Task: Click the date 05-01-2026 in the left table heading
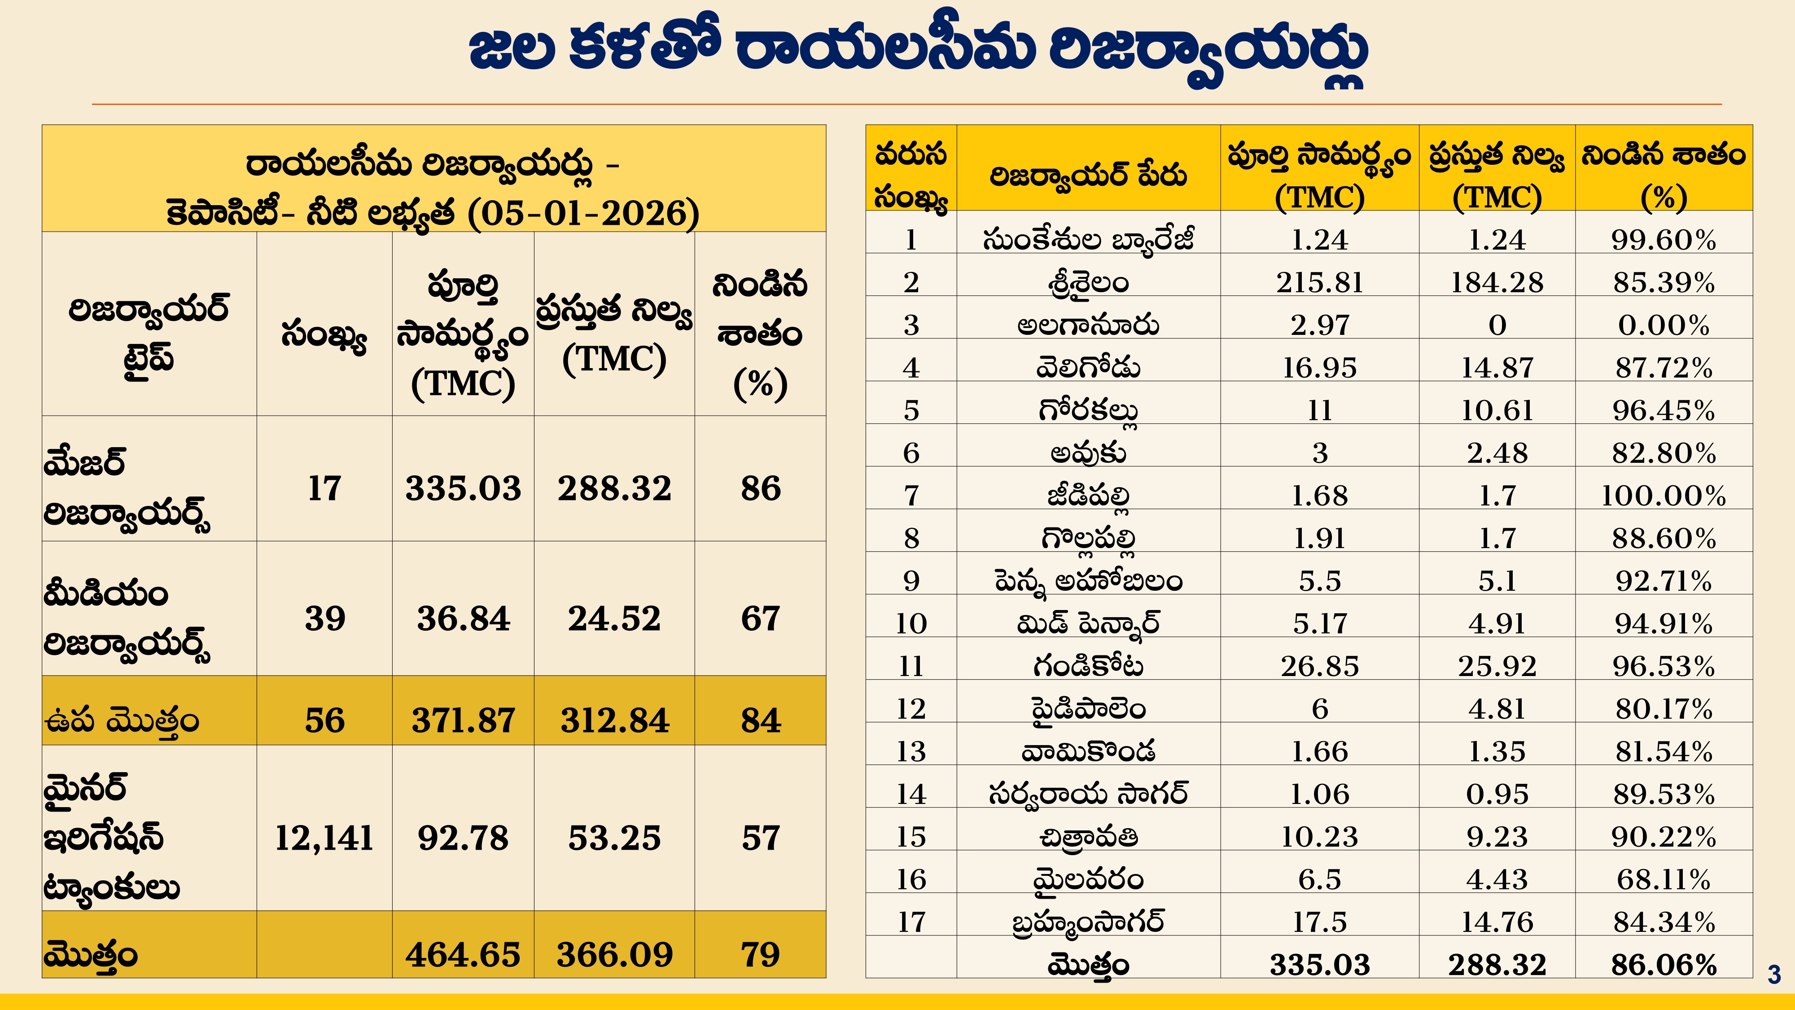click(x=584, y=213)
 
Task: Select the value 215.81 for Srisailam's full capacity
click(x=1319, y=282)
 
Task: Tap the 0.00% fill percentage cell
click(x=1664, y=325)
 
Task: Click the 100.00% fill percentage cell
click(x=1664, y=496)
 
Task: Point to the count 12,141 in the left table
click(x=324, y=837)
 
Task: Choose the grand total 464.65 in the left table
click(x=463, y=954)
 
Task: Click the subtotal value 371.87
click(x=463, y=720)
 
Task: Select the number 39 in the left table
click(x=324, y=618)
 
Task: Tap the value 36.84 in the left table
click(x=463, y=618)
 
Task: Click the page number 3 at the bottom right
click(x=1774, y=974)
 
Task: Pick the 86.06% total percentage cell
click(x=1664, y=965)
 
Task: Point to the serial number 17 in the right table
click(x=911, y=922)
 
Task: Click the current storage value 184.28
click(x=1497, y=282)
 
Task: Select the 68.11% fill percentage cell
click(x=1664, y=880)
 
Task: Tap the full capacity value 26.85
click(x=1319, y=666)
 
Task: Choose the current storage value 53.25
click(x=614, y=837)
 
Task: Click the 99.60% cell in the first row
click(x=1664, y=240)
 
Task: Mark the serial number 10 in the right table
click(x=911, y=623)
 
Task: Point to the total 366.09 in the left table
click(x=614, y=954)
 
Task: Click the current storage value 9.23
click(x=1497, y=836)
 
